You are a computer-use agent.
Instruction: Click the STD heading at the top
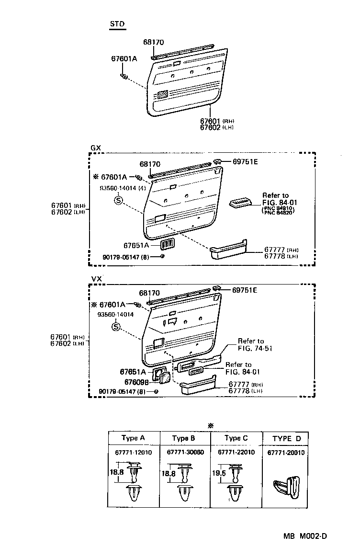click(x=118, y=24)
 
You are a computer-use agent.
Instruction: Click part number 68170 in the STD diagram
click(x=153, y=42)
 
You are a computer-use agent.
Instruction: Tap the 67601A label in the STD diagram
click(x=124, y=58)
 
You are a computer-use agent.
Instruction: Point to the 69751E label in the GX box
click(x=246, y=161)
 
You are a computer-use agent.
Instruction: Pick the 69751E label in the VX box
click(x=245, y=290)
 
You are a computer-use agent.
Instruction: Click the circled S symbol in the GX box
click(x=118, y=200)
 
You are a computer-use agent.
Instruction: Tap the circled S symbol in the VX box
click(x=116, y=327)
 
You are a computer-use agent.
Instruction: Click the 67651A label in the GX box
click(x=136, y=245)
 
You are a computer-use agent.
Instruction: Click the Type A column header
click(x=133, y=438)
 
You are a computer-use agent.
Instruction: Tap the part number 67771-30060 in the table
click(x=185, y=452)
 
